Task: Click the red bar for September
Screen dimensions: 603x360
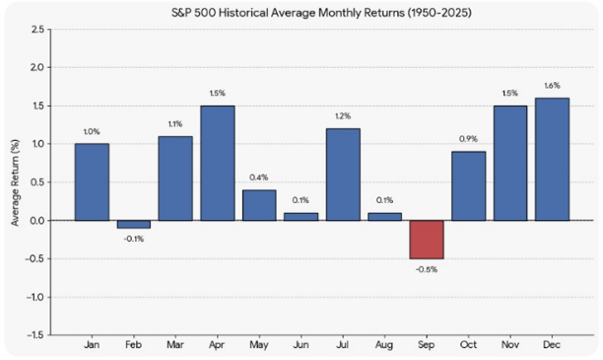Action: (x=427, y=239)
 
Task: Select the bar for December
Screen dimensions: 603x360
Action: (x=552, y=159)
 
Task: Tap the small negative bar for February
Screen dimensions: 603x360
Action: (x=133, y=224)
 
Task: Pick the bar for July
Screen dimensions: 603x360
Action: (x=343, y=175)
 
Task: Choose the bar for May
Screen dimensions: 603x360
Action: (x=259, y=206)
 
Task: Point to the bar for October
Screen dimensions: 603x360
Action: (x=469, y=186)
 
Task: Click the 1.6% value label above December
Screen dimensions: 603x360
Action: (x=552, y=86)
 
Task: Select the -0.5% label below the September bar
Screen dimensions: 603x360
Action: (x=427, y=270)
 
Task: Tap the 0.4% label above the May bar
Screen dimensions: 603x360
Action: (x=259, y=177)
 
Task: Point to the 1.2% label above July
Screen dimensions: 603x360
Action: (x=343, y=116)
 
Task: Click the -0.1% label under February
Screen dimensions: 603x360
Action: (x=133, y=239)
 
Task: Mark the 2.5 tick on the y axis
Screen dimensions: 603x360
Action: (x=37, y=29)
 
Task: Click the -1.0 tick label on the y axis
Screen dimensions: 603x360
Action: (x=35, y=297)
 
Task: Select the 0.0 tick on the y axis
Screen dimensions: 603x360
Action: (x=37, y=221)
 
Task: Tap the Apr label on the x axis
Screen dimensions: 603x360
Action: (x=217, y=345)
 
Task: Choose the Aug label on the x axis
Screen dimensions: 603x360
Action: (x=385, y=345)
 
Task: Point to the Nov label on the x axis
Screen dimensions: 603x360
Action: (x=510, y=344)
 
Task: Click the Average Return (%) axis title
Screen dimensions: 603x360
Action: (x=15, y=183)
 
